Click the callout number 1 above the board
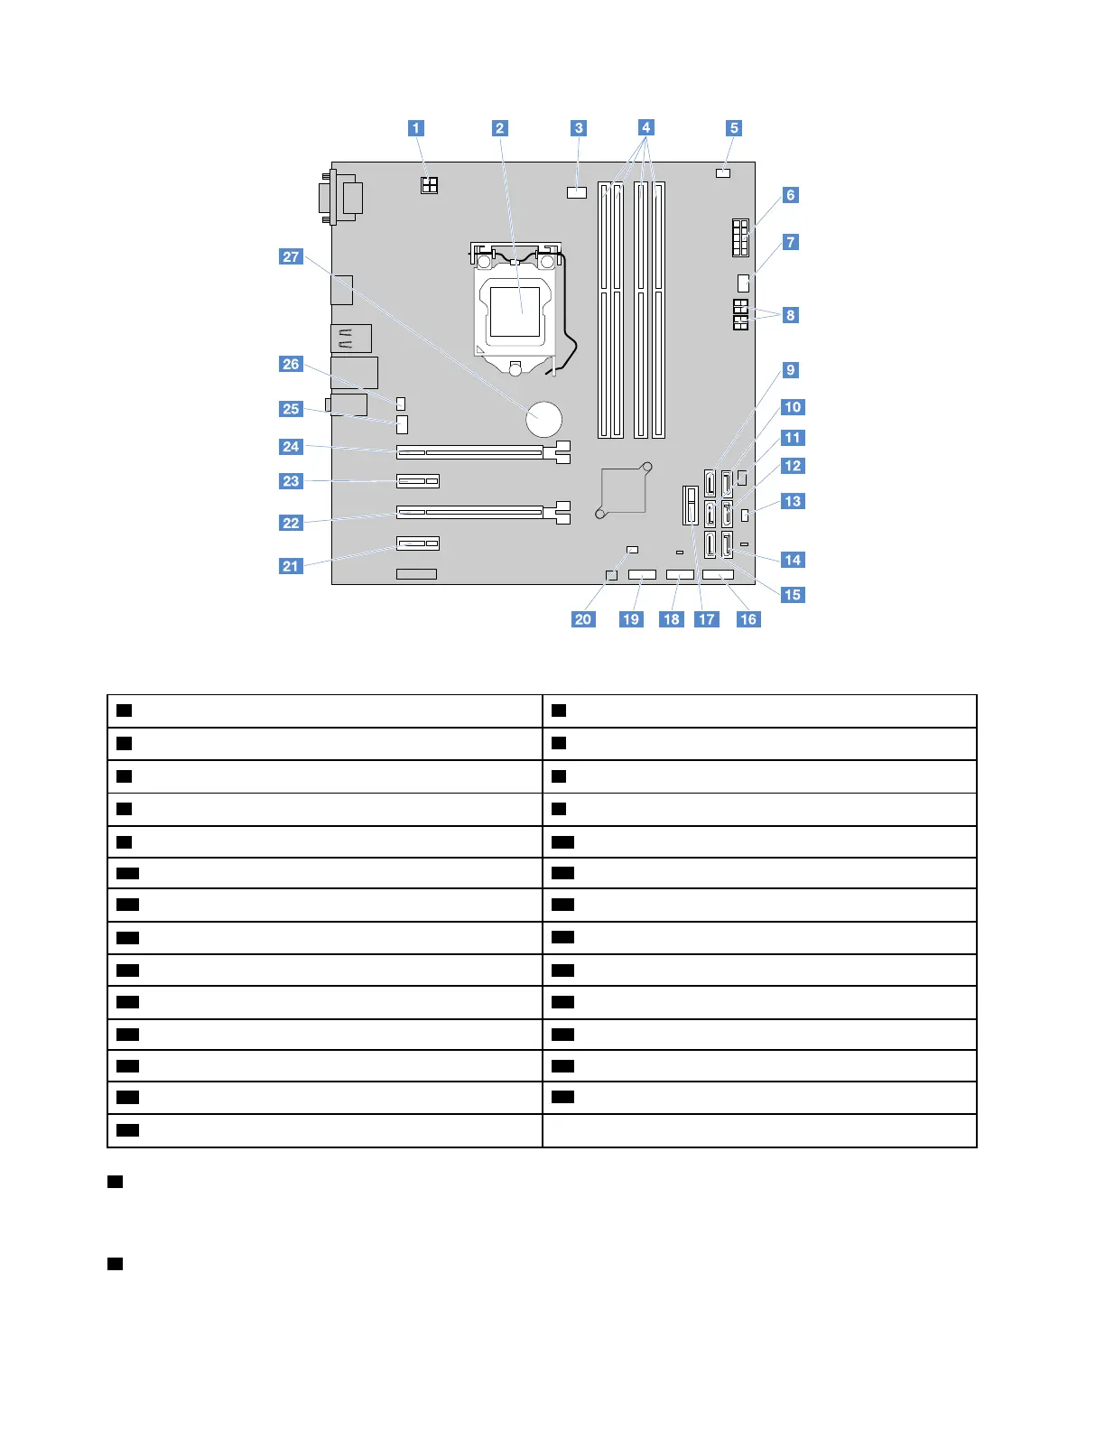416,128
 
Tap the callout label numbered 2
500,128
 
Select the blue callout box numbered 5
734,128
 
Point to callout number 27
291,257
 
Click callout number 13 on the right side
792,501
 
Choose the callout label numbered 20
583,619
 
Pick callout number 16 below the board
748,619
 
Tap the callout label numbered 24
291,447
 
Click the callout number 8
791,315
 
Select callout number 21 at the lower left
291,566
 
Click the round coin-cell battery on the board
544,419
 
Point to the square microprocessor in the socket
515,311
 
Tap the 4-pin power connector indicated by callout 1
429,185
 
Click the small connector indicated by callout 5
722,172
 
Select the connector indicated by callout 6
739,237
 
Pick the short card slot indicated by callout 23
417,480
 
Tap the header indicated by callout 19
642,575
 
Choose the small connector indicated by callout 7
744,283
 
